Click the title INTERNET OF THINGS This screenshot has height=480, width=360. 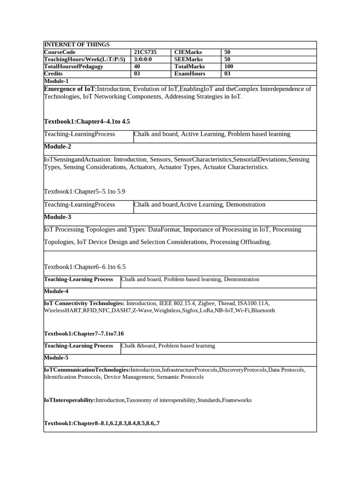pyautogui.click(x=77, y=45)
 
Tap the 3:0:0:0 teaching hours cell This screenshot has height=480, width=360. pyautogui.click(x=143, y=60)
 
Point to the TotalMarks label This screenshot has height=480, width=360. pyautogui.click(x=190, y=67)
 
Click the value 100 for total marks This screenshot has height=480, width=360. pyautogui.click(x=229, y=67)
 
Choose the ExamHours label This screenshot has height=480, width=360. pyautogui.click(x=190, y=74)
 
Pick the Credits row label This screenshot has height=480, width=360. pyautogui.click(x=53, y=74)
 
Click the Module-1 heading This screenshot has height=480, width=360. pyautogui.click(x=56, y=81)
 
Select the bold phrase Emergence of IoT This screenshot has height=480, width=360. pyautogui.click(x=70, y=89)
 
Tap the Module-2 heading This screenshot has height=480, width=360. pyautogui.click(x=58, y=146)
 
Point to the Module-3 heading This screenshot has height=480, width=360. pyautogui.click(x=58, y=217)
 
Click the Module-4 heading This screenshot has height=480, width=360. pyautogui.click(x=56, y=291)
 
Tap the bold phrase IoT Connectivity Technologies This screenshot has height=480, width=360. pyautogui.click(x=84, y=303)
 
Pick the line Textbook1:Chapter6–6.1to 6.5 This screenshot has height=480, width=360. pyautogui.click(x=85, y=267)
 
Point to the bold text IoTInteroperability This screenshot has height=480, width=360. pyautogui.click(x=69, y=400)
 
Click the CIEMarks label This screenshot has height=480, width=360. pyautogui.click(x=188, y=52)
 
